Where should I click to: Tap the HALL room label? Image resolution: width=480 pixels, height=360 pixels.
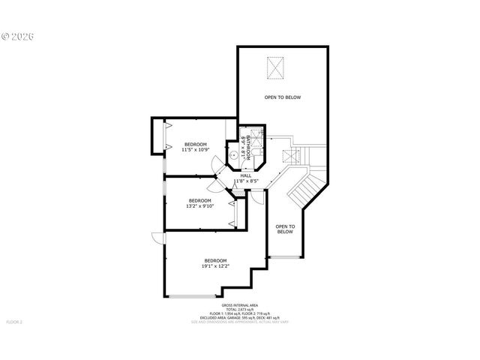pyautogui.click(x=246, y=175)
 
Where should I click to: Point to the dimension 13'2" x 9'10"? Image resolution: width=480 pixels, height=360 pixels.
pyautogui.click(x=199, y=205)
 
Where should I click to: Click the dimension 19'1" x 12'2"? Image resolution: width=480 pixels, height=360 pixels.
pyautogui.click(x=215, y=265)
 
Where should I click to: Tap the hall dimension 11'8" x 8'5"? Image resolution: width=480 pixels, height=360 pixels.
pyautogui.click(x=246, y=181)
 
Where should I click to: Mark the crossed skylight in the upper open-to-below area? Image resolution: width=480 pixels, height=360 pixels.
pyautogui.click(x=276, y=69)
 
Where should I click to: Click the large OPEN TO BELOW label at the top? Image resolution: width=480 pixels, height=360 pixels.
pyautogui.click(x=282, y=97)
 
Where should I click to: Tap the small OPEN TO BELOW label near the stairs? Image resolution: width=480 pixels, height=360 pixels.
pyautogui.click(x=285, y=229)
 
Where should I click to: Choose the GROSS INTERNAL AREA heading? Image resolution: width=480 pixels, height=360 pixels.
pyautogui.click(x=240, y=305)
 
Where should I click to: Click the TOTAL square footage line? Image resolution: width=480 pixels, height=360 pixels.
pyautogui.click(x=240, y=309)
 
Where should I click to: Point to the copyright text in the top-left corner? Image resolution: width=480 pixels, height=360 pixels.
pyautogui.click(x=18, y=35)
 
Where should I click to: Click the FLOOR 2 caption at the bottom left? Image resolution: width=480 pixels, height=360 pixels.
pyautogui.click(x=15, y=322)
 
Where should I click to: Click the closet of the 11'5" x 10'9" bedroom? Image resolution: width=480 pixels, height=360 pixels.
pyautogui.click(x=159, y=136)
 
